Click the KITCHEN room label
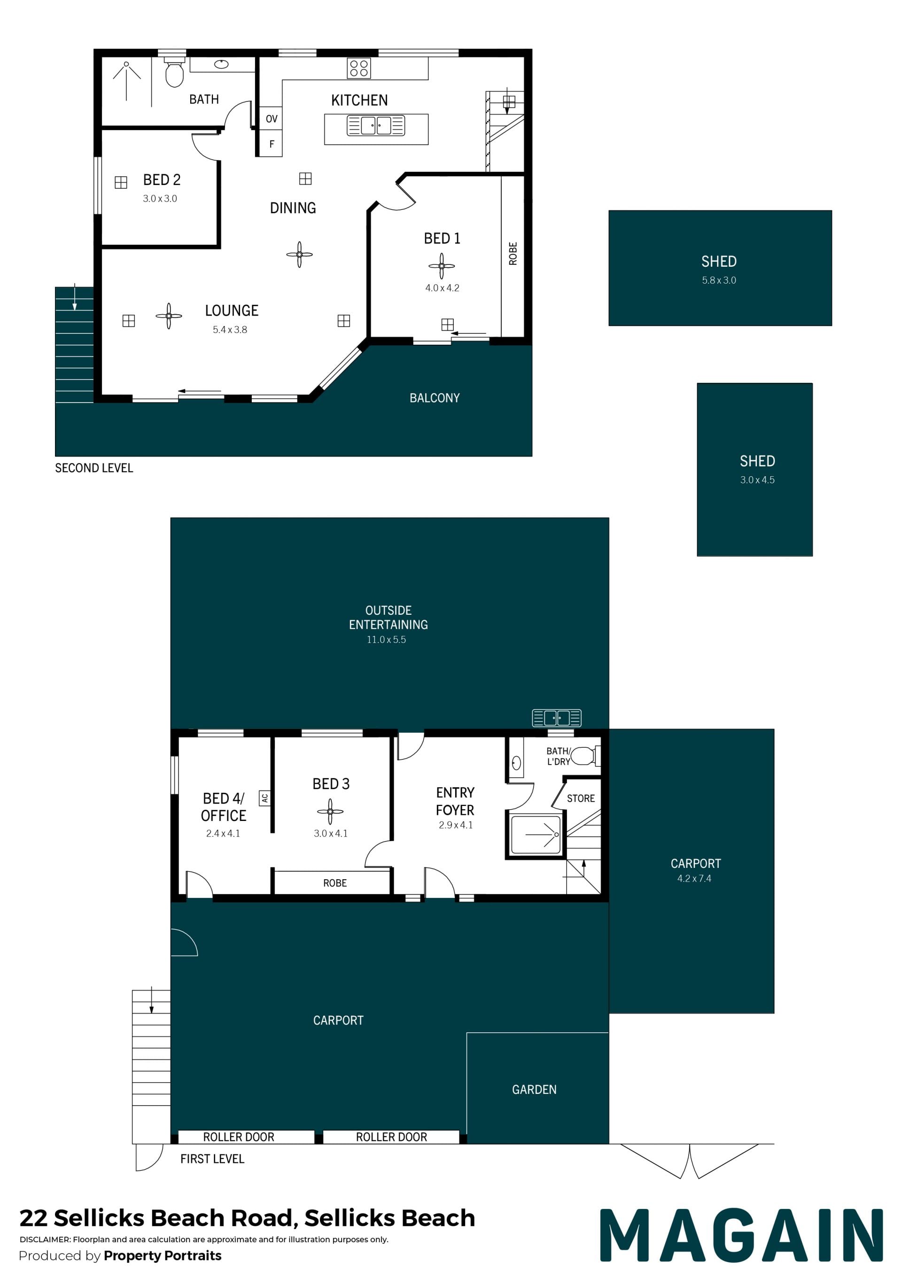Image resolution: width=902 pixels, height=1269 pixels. click(x=359, y=101)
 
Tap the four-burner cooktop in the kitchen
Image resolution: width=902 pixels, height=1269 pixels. click(x=359, y=68)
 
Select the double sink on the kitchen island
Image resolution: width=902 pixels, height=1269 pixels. click(x=376, y=125)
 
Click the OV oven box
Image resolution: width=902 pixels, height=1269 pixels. click(x=271, y=118)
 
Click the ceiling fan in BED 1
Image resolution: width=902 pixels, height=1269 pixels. click(x=442, y=266)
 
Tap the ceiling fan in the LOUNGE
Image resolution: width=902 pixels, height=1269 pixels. click(x=169, y=316)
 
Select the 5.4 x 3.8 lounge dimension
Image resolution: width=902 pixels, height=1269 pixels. click(x=230, y=330)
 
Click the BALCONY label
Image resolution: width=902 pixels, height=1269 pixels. click(x=435, y=398)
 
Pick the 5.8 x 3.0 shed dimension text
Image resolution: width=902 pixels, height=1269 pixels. click(x=719, y=280)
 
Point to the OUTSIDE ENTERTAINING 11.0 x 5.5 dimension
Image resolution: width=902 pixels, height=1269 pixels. click(x=387, y=640)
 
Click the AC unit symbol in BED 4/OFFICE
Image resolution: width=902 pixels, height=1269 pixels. click(x=265, y=798)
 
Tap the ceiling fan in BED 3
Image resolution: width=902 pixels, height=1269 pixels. click(x=330, y=811)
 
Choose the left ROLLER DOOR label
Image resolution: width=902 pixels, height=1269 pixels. click(x=239, y=1137)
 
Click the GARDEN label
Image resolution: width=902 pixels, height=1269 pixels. click(x=534, y=1090)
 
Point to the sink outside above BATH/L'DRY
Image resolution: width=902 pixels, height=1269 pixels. click(x=557, y=718)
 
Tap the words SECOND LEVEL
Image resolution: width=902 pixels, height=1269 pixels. click(x=94, y=468)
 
